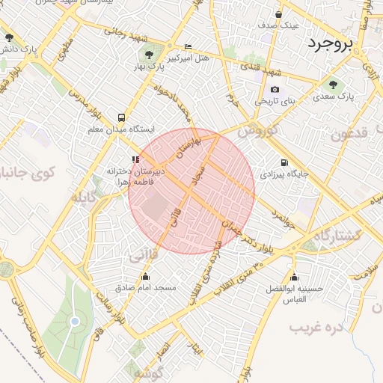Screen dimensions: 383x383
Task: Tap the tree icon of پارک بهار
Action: (x=150, y=55)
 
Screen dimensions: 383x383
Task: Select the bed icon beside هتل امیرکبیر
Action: (x=187, y=46)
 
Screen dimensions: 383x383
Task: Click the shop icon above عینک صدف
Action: (x=279, y=14)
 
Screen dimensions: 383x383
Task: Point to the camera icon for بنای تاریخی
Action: (x=275, y=89)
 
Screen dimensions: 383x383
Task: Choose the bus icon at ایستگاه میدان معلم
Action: (x=121, y=117)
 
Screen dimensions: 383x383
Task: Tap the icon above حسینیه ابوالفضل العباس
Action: (x=292, y=276)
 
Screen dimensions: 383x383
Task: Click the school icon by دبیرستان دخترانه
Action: (x=135, y=159)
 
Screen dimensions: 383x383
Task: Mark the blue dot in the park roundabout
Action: (x=74, y=322)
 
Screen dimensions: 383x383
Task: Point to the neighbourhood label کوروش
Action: (x=257, y=130)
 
